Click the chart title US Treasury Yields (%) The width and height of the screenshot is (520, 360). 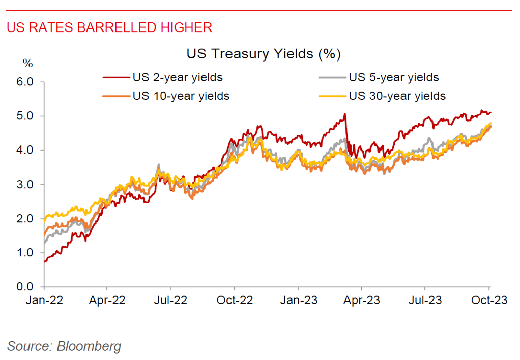tap(263, 54)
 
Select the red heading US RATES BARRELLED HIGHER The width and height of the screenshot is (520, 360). tap(109, 27)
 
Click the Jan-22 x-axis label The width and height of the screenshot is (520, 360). tap(44, 301)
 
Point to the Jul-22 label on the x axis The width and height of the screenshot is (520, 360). tap(171, 301)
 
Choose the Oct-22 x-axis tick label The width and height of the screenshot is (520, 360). tap(235, 301)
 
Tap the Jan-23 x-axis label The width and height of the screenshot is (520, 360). tap(299, 301)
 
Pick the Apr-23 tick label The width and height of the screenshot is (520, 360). tap(362, 301)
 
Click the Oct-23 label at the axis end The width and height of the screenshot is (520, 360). tap(489, 301)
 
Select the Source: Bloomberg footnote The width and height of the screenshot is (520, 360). tap(64, 347)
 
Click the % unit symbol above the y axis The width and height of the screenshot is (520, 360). tap(28, 64)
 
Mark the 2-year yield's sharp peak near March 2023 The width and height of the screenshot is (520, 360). tap(345, 114)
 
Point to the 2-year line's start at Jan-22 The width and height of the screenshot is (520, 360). tap(45, 261)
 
